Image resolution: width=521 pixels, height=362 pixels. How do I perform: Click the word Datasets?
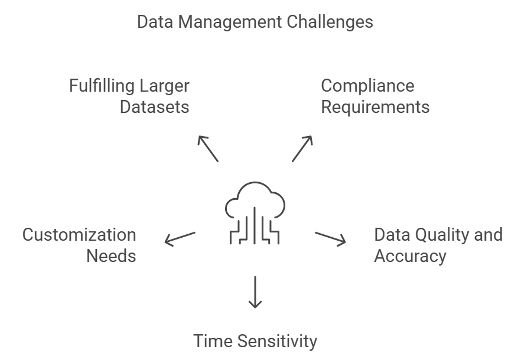(155, 107)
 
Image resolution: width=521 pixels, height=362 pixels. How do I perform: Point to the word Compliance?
(367, 86)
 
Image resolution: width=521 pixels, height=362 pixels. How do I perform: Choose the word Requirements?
(375, 107)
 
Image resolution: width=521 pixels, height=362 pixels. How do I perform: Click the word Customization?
(79, 235)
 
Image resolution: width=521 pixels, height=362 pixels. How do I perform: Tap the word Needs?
(112, 256)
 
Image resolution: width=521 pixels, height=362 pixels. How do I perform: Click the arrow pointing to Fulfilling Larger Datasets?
(208, 148)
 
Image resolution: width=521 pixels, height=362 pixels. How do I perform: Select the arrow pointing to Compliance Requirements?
(302, 148)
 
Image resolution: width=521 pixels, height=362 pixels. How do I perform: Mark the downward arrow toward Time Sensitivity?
(255, 292)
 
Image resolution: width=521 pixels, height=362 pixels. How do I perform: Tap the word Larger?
(165, 86)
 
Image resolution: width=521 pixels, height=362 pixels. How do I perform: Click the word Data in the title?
(156, 22)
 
